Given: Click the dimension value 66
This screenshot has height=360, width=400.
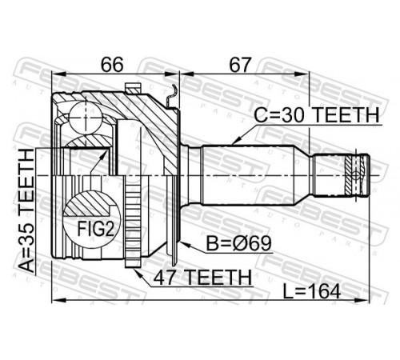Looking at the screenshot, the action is click(x=112, y=65).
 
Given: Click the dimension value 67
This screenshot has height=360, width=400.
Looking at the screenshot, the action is click(x=241, y=65).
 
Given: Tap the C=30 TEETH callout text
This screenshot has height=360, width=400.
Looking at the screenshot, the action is click(x=317, y=115).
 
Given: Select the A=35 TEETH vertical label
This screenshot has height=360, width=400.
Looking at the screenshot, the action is click(x=27, y=210).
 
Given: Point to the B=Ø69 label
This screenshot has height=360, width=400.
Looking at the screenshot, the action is click(x=239, y=243).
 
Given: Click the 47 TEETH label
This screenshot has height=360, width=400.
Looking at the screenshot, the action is click(x=202, y=278).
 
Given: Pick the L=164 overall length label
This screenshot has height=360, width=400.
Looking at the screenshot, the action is click(x=312, y=291).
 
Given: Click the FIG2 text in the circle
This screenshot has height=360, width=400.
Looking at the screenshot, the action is click(x=96, y=229).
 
